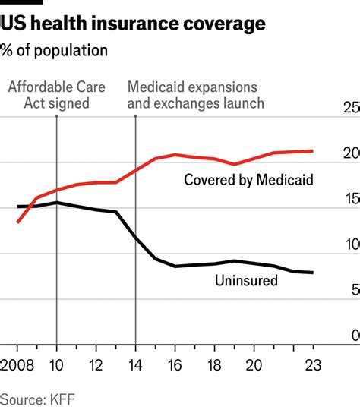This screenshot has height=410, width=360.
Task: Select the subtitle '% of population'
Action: pyautogui.click(x=54, y=51)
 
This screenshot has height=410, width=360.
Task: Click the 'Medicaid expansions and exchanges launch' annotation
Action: pyautogui.click(x=196, y=95)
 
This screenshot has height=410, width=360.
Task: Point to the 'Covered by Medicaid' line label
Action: pyautogui.click(x=248, y=180)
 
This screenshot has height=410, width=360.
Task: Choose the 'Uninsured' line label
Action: pyautogui.click(x=246, y=280)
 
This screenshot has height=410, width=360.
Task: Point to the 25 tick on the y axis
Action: pyautogui.click(x=352, y=109)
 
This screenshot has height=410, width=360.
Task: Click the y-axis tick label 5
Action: pyautogui.click(x=355, y=290)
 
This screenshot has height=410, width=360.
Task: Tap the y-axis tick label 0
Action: pyautogui.click(x=355, y=336)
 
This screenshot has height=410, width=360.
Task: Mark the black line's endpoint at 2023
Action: pyautogui.click(x=312, y=273)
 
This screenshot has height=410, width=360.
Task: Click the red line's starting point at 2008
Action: pyautogui.click(x=17, y=222)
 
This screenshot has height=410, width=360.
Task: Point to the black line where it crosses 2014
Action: pyautogui.click(x=135, y=238)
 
